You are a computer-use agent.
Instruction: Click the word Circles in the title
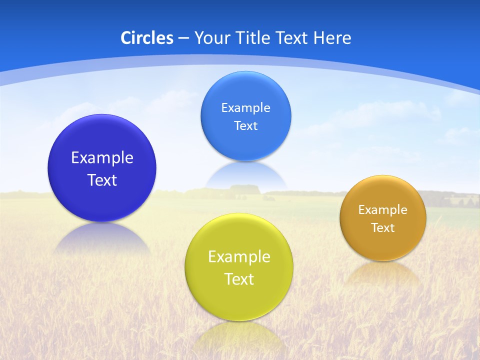pos(146,38)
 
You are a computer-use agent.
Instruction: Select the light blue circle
pos(246,90)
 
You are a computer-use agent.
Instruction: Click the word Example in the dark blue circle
pos(102,158)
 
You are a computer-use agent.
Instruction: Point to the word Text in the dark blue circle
pos(102,180)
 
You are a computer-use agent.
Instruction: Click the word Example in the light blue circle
pos(246,108)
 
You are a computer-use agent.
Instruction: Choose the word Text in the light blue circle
pos(246,126)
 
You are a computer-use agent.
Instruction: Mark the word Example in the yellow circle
pos(239,257)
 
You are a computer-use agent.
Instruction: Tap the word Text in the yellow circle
pos(239,279)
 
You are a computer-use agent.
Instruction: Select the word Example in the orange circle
pos(383,210)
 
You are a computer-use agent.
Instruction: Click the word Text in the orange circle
pos(383,228)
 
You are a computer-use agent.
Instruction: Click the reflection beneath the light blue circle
pos(246,175)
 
